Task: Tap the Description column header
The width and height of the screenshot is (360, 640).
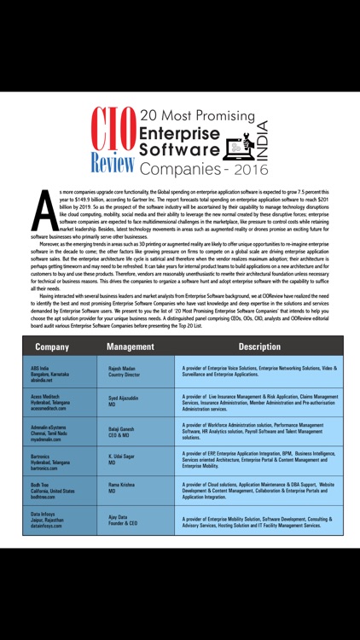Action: pos(259,346)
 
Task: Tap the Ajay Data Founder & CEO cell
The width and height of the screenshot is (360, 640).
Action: pos(125,521)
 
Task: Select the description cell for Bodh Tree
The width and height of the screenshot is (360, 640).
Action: pos(258,491)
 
